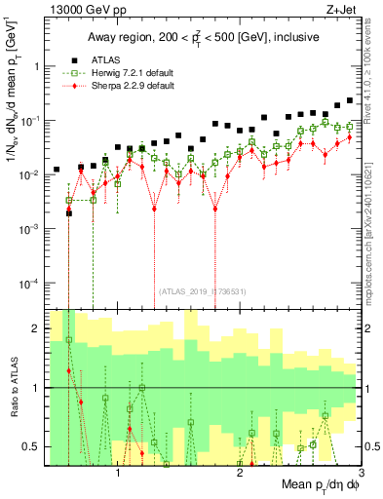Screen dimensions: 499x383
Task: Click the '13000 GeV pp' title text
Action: coord(86,8)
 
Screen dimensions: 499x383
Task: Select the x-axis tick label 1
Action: coord(118,474)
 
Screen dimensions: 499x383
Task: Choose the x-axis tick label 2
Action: coord(240,474)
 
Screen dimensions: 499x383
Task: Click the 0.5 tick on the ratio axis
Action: coord(31,446)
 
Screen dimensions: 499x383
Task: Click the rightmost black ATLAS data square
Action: coord(350,100)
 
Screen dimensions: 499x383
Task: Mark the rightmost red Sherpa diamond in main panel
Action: coord(350,136)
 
